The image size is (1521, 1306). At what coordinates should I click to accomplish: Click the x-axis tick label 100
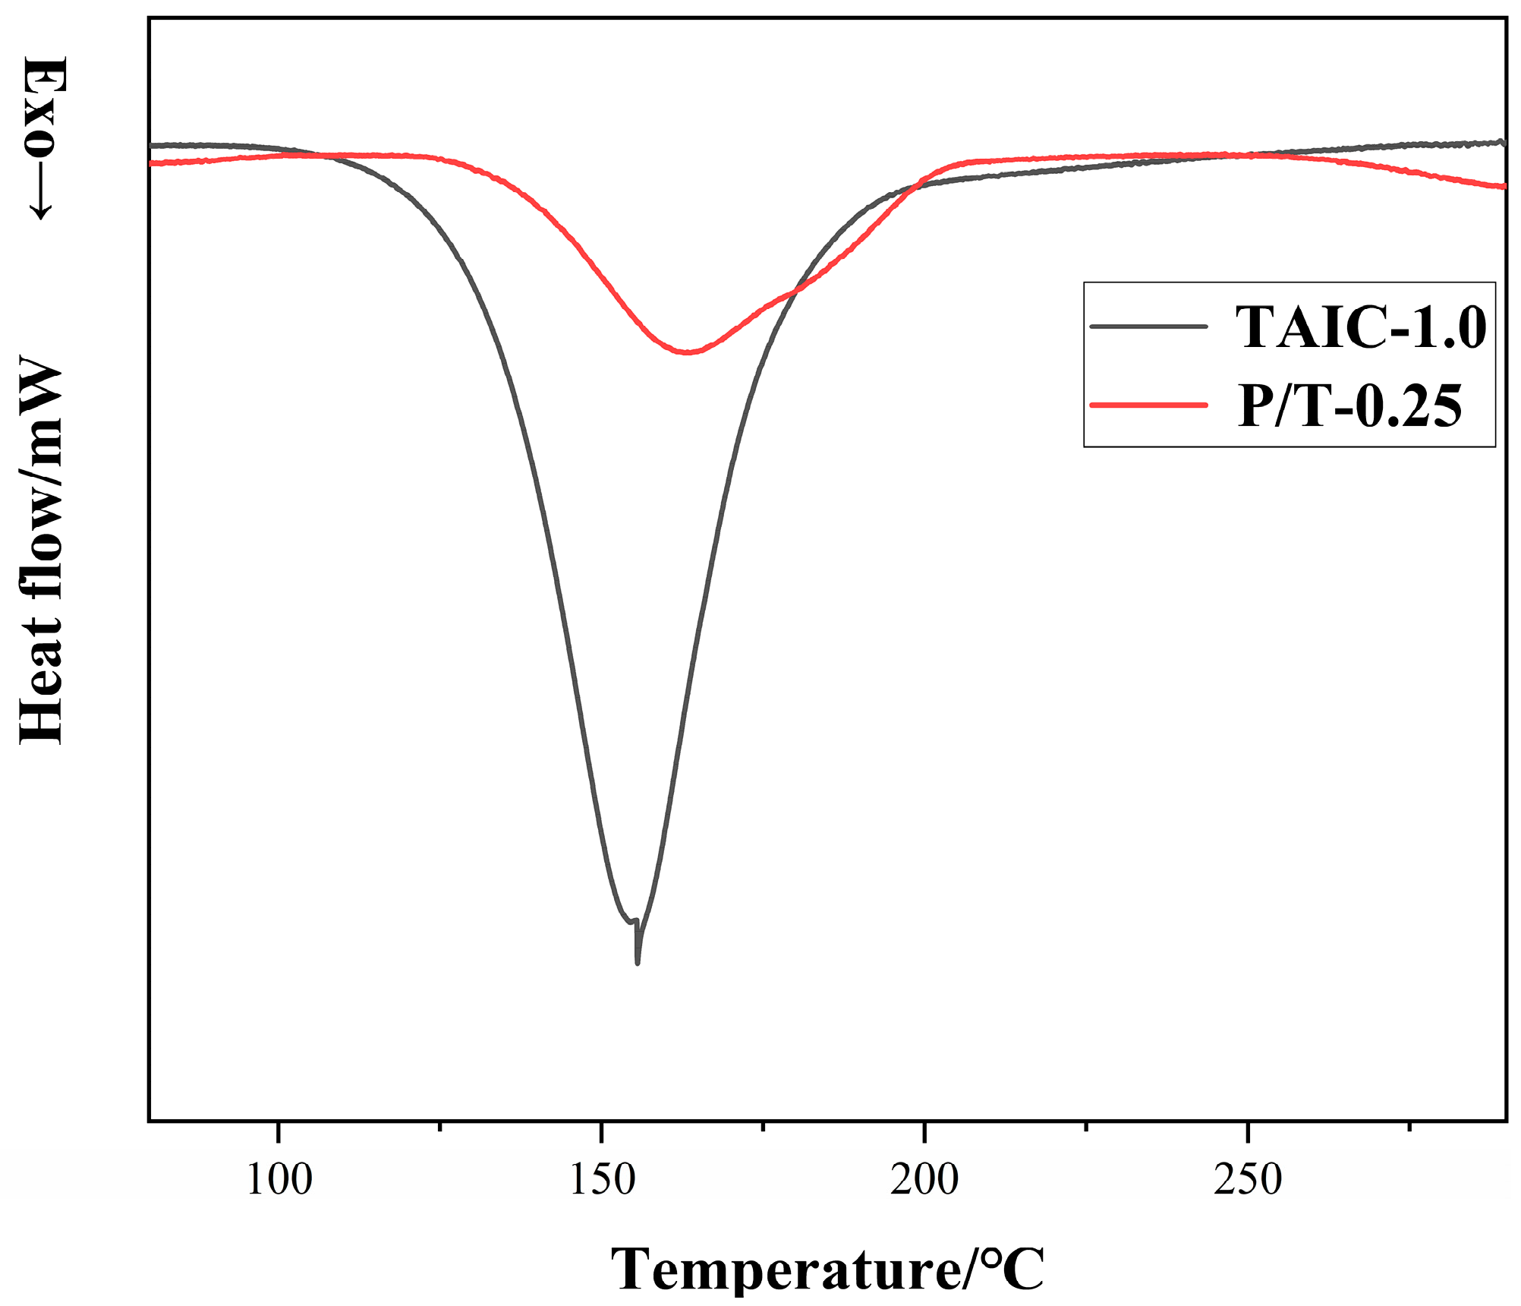coord(279,1181)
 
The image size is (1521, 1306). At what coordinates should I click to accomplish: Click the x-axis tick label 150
coord(602,1181)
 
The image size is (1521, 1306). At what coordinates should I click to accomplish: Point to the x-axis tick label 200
coord(924,1181)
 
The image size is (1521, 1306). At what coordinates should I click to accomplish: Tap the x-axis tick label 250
coord(1247,1181)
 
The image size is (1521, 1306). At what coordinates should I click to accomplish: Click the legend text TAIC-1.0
coord(1361,327)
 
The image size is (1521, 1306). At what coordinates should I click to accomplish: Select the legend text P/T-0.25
coord(1349,405)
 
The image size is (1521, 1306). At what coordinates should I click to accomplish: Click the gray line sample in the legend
coord(1148,326)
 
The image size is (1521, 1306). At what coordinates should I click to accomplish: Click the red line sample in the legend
coord(1148,405)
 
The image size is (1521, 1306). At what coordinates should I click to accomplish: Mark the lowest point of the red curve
coord(687,352)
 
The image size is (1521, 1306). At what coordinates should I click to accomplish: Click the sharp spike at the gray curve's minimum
coord(638,961)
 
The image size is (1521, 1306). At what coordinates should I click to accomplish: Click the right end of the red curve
coord(1504,186)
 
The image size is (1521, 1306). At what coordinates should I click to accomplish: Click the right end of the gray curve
coord(1502,142)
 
